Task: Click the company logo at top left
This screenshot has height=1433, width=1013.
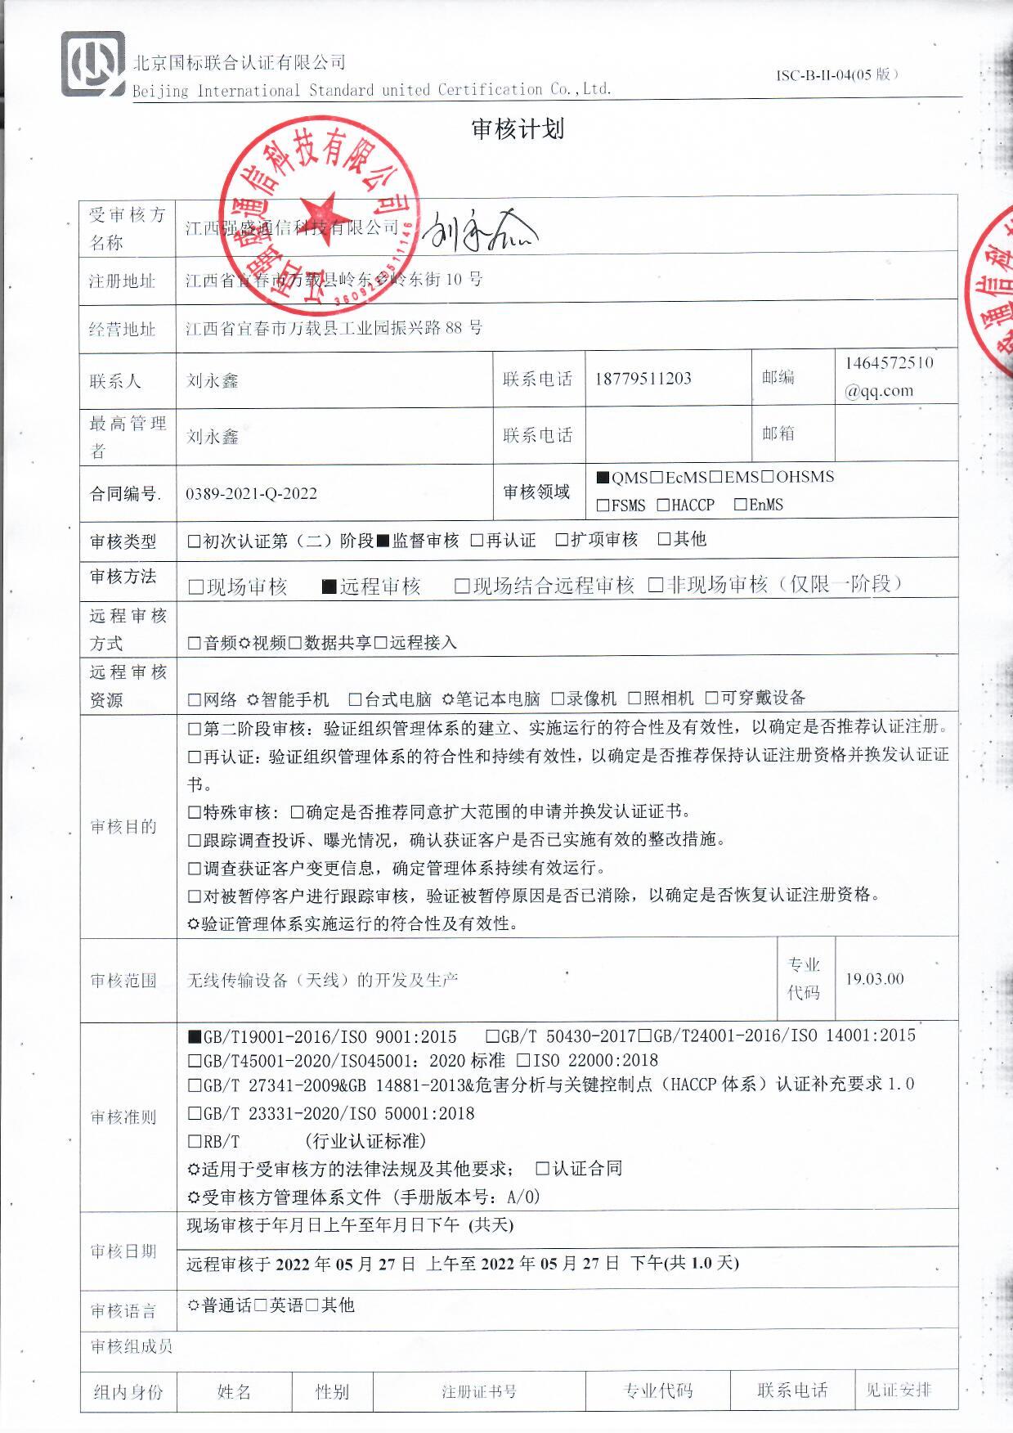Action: [93, 65]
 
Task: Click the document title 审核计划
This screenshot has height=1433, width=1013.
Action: [518, 129]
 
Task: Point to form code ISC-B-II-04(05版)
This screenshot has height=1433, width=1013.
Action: [837, 75]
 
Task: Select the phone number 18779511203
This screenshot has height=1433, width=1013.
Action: [643, 379]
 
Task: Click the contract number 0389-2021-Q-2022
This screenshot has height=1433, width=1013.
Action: [251, 494]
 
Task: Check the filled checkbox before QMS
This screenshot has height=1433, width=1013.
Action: [603, 478]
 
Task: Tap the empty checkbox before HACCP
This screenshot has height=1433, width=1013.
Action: [663, 505]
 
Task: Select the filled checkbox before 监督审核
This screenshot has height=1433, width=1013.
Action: [383, 541]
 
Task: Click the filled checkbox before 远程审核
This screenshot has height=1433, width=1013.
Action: [329, 586]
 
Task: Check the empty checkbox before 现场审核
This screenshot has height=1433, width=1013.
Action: [195, 586]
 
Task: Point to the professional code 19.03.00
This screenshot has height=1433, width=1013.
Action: [874, 979]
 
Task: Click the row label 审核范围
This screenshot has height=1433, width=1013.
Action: [123, 980]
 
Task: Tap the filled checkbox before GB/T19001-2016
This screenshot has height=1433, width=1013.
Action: [195, 1037]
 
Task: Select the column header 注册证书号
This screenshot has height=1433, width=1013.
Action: [479, 1391]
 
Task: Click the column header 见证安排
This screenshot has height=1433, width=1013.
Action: [899, 1390]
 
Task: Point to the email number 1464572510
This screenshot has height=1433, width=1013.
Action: [889, 363]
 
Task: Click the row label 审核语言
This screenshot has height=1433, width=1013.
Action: [123, 1311]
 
